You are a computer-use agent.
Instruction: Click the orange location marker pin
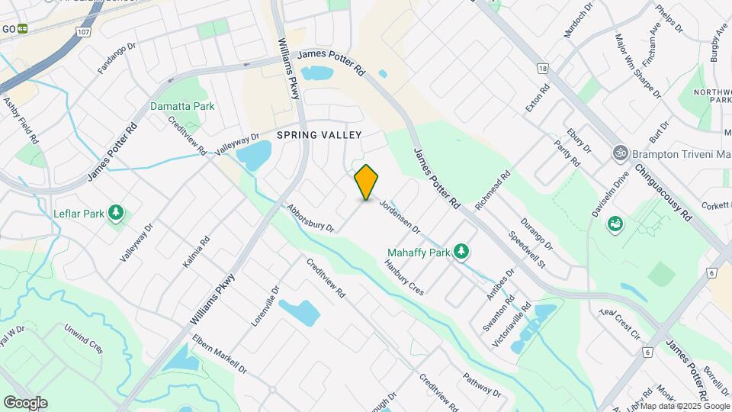point(367,182)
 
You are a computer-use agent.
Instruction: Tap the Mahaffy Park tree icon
point(461,250)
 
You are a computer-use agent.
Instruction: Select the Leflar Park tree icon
point(116,213)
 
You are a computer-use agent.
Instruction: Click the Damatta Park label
point(182,107)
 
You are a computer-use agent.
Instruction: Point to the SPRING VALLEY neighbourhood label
point(319,134)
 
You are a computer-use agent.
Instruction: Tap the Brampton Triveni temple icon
point(621,153)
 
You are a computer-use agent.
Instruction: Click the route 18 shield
point(542,69)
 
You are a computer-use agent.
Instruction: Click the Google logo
point(24,402)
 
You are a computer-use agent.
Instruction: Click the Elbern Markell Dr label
point(220,354)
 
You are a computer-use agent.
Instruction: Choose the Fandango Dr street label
point(116,58)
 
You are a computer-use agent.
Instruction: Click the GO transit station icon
point(23,29)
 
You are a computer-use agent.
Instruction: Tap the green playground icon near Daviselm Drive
point(615,224)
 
